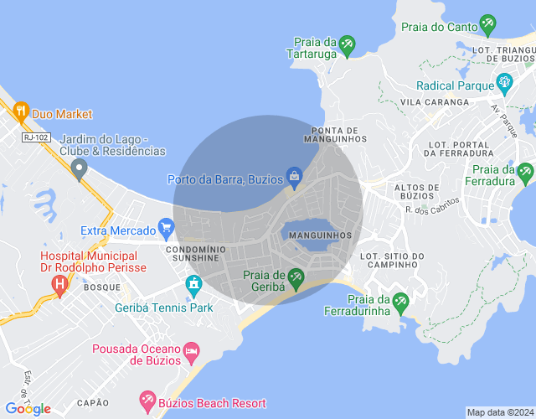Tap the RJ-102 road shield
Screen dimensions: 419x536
pos(35,137)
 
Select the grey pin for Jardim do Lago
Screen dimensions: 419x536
pos(80,170)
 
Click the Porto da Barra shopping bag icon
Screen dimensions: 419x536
pos(294,175)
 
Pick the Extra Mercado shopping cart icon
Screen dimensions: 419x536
pos(166,227)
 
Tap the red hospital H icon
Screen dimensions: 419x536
pos(59,284)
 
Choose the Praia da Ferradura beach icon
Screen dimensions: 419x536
pos(524,173)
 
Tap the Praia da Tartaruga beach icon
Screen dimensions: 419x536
pos(347,44)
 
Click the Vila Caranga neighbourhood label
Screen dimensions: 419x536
pos(435,101)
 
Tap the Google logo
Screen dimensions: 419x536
pos(28,408)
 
